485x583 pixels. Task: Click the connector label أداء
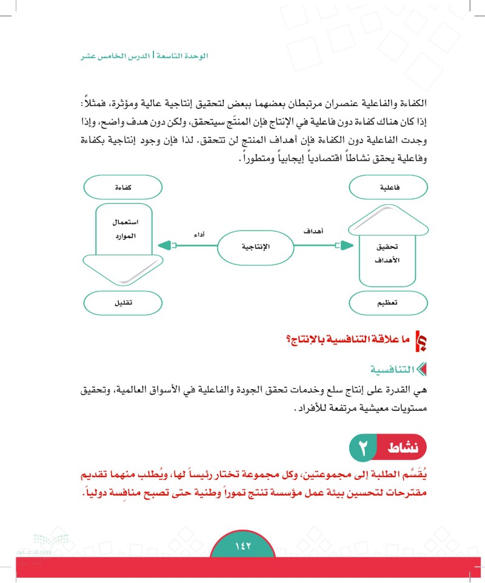[198, 234]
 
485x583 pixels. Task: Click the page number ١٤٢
[242, 546]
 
